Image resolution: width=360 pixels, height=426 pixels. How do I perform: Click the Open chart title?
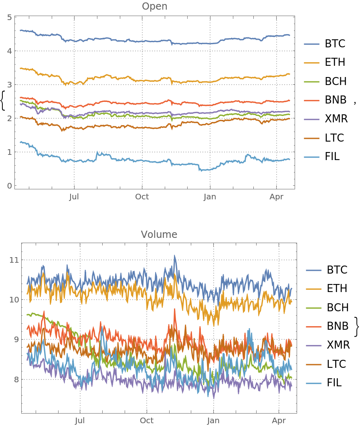click(155, 6)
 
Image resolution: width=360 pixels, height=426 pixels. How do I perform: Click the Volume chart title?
click(159, 234)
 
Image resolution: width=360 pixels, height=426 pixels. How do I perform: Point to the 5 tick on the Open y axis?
click(10, 17)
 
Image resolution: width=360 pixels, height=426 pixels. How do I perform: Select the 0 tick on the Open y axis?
click(10, 186)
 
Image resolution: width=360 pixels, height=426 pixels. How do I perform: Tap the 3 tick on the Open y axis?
click(10, 85)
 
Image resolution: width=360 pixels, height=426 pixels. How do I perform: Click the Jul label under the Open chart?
click(74, 197)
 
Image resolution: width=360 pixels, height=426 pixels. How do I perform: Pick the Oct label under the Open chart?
click(142, 197)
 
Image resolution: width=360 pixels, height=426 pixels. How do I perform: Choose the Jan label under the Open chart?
click(210, 197)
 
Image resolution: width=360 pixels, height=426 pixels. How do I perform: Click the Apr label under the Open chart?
click(277, 197)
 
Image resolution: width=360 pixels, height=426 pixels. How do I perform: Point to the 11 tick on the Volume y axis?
click(14, 260)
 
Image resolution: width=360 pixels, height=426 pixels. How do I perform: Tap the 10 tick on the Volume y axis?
click(14, 300)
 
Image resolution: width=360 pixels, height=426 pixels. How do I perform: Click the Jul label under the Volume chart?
click(80, 420)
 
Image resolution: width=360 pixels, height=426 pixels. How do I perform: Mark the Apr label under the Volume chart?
click(279, 420)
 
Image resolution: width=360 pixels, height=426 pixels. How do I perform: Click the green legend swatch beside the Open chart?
click(311, 82)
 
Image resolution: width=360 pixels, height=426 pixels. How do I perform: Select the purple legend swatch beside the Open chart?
click(311, 120)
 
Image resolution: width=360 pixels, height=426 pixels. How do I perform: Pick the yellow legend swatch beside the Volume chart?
click(313, 289)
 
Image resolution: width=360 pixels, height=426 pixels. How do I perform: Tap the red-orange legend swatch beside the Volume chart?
click(313, 327)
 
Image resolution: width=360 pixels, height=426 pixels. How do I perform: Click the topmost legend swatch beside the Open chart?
click(311, 44)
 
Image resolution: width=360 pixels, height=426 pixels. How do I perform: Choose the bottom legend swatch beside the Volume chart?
click(313, 383)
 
